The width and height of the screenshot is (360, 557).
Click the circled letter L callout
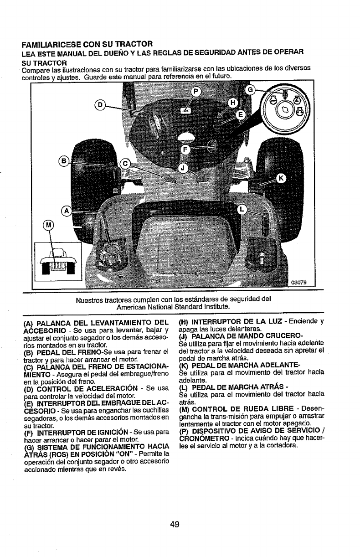tap(242, 209)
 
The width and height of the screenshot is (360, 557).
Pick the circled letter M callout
tap(48, 225)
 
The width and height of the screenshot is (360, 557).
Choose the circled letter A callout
tap(67, 211)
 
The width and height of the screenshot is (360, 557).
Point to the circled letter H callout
tap(232, 103)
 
